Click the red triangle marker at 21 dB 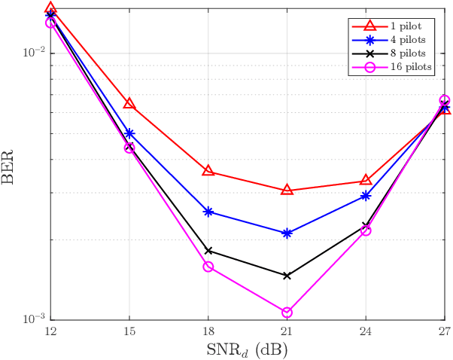tap(287, 190)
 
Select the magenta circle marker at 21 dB tap(287, 312)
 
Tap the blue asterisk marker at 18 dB tap(208, 212)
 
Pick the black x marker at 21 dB tap(287, 276)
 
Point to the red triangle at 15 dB tap(129, 103)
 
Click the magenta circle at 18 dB tap(208, 267)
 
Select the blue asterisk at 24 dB tap(366, 196)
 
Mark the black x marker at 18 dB tap(208, 251)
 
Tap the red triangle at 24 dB tap(366, 180)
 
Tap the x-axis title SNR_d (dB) tap(248, 350)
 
